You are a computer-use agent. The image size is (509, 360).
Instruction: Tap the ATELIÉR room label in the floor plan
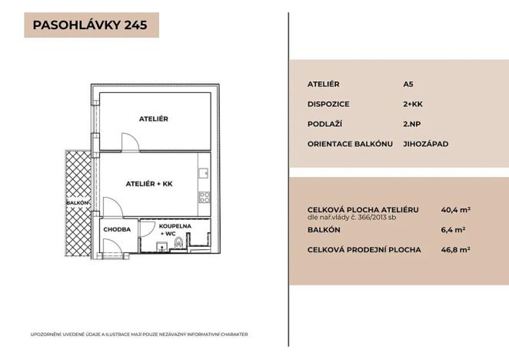pos(153,119)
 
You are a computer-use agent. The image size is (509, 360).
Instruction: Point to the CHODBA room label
pos(118,229)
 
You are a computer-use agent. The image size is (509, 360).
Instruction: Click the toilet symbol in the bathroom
pos(179,243)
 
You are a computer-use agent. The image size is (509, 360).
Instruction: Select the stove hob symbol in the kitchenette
pos(205,198)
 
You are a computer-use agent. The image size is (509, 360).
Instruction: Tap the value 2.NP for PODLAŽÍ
pos(411,124)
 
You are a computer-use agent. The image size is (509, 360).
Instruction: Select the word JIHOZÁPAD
pos(425,144)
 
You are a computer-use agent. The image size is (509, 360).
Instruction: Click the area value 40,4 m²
pos(455,208)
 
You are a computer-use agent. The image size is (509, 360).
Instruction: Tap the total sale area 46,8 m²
pos(455,249)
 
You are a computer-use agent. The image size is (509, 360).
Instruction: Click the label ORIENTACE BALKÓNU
pos(350,144)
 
